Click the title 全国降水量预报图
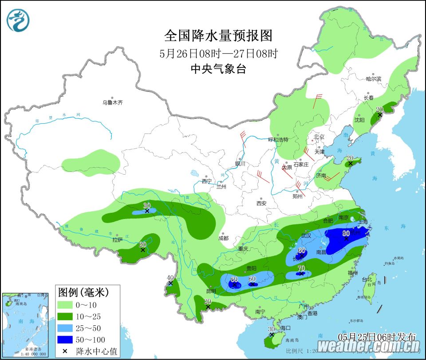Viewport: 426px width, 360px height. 218,35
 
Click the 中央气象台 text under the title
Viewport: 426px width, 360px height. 218,69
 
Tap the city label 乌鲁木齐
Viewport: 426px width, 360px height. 112,102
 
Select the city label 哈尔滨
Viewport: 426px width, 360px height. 373,79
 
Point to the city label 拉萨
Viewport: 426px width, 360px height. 117,240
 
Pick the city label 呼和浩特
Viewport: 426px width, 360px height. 278,140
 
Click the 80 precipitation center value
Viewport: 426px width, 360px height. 346,233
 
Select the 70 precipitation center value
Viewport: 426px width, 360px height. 301,268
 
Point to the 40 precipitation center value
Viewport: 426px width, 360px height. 170,278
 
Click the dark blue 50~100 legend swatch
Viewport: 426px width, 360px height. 65,339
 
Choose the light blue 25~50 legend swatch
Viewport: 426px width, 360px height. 65,328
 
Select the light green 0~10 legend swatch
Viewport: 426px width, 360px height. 65,305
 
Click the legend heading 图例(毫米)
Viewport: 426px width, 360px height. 83,292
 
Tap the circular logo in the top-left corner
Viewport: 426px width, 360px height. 18,20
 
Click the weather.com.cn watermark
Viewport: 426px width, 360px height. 368,345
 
